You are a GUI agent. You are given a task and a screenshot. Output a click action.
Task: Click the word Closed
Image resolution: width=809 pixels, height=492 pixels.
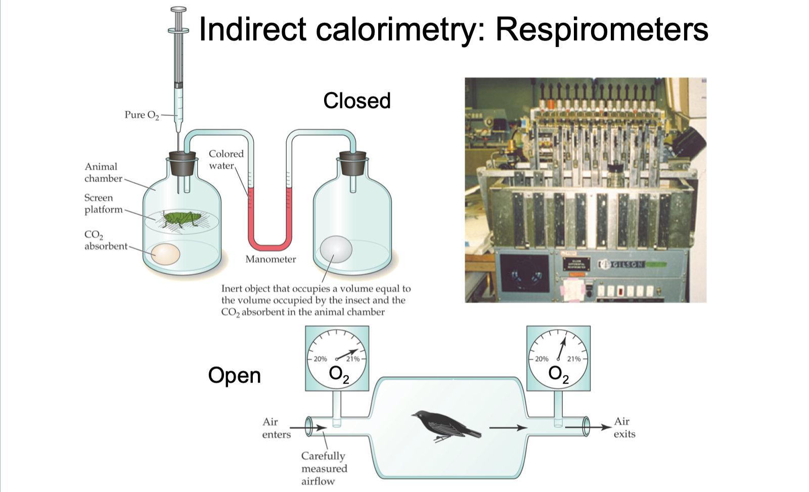point(357,101)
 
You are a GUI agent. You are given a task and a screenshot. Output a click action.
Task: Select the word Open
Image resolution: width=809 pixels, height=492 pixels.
point(234,376)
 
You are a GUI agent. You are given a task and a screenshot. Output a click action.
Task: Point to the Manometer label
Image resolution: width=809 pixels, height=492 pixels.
point(271,259)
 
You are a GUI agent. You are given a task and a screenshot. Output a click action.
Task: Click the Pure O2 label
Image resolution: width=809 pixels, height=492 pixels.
point(142,115)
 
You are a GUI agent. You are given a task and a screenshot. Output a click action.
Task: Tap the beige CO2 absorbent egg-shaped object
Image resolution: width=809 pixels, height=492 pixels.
point(165,254)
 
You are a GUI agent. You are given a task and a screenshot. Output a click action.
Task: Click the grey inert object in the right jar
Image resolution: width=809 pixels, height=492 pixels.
point(336,249)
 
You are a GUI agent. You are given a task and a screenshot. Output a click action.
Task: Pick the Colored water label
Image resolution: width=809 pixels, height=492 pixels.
point(226,159)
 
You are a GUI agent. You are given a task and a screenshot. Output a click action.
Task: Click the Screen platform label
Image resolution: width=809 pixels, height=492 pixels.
point(103,203)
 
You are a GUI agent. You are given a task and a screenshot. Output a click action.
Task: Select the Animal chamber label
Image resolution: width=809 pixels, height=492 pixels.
point(103,173)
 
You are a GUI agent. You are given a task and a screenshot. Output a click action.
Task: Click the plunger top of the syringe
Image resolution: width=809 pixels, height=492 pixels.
point(178,10)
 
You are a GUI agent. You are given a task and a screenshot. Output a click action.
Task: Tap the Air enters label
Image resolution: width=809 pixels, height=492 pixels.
point(276,428)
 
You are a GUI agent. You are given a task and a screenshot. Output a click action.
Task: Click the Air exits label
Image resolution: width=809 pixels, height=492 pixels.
point(624,428)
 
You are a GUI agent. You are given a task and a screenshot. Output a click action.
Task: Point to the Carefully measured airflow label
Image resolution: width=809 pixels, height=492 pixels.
point(324,469)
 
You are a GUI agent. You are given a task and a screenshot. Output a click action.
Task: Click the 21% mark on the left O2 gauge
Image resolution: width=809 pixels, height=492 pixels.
point(352,359)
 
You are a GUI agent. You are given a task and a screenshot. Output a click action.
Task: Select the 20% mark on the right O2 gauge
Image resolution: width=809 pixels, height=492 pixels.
point(541,359)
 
